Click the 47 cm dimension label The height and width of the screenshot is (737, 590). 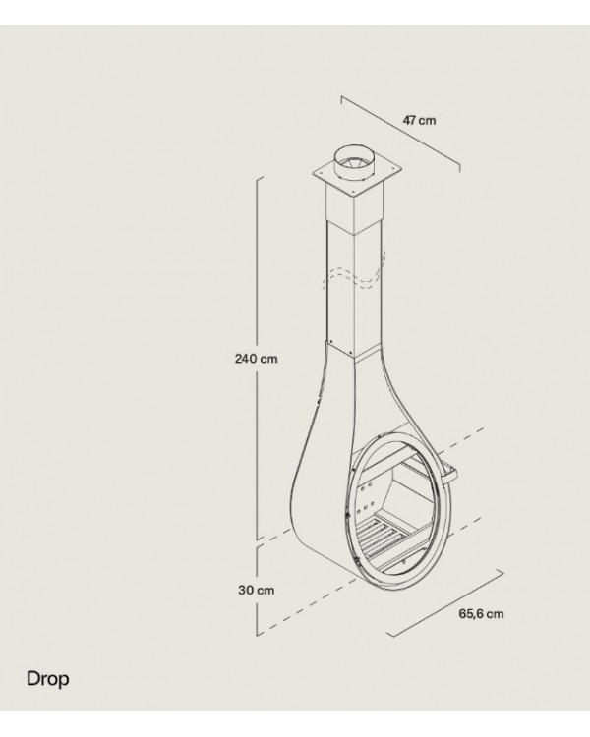[419, 120]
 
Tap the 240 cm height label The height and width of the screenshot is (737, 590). [256, 359]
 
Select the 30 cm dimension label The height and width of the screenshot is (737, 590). [256, 590]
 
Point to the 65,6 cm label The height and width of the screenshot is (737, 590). [481, 614]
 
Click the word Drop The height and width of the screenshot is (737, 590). [47, 679]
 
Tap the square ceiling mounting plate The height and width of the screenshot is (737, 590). [357, 180]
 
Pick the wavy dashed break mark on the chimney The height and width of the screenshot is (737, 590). [354, 273]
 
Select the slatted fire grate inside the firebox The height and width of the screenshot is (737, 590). [382, 537]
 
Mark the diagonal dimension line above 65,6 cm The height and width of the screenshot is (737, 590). [445, 602]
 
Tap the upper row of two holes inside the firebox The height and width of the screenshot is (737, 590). [365, 487]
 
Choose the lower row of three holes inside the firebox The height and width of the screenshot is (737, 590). [364, 509]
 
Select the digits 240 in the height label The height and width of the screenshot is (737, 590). [246, 359]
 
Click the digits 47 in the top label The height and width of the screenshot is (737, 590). [409, 120]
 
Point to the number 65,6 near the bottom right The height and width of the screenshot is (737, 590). [471, 614]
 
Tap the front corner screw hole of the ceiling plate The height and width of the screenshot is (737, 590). [352, 192]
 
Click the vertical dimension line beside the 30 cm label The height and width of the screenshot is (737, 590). [257, 590]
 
